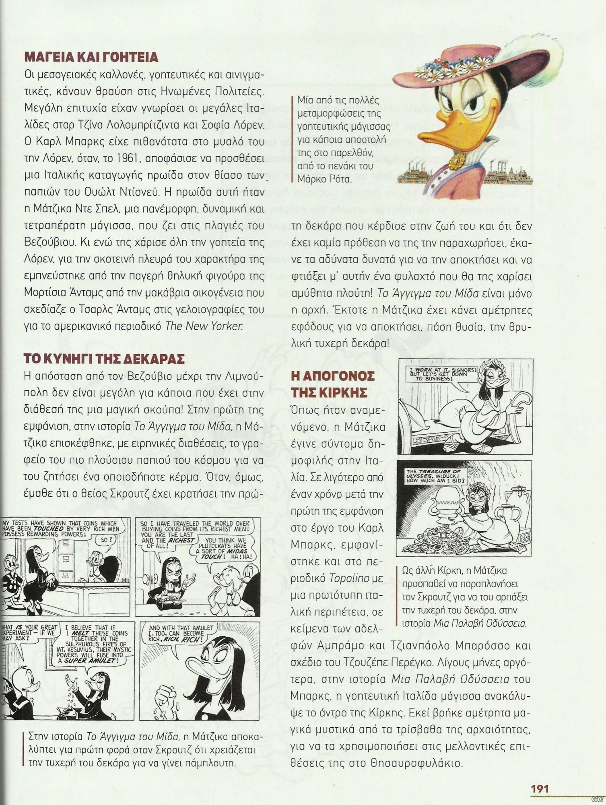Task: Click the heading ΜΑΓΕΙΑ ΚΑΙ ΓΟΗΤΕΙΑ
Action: [x=91, y=57]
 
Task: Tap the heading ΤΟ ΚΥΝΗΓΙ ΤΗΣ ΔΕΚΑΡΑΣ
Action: [x=104, y=359]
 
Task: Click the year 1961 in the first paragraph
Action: [x=120, y=159]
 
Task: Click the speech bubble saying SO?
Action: [x=105, y=539]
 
